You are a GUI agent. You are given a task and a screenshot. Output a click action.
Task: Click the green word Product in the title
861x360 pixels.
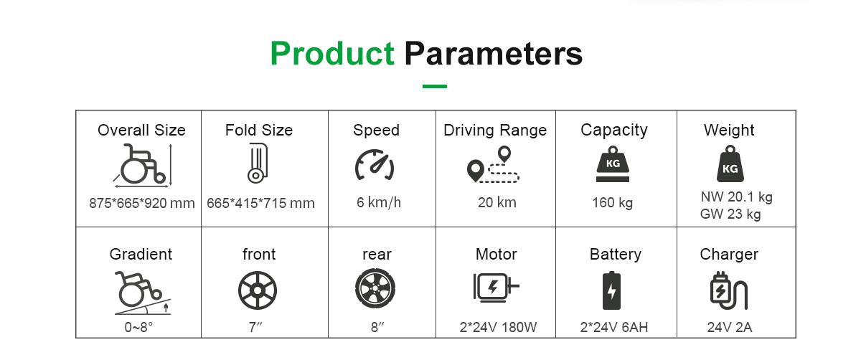332,54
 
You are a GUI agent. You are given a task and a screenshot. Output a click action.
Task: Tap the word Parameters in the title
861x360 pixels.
494,54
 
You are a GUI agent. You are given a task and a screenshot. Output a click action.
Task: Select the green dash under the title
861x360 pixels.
435,87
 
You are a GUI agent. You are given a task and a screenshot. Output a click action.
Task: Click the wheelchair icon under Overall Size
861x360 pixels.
142,164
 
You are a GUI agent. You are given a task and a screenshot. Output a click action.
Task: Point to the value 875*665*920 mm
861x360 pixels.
142,203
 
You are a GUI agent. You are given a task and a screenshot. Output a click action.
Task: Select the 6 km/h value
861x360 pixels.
378,203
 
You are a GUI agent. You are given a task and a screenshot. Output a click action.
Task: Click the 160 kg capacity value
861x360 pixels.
613,203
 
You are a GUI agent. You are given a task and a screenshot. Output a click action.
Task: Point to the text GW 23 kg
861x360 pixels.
730,214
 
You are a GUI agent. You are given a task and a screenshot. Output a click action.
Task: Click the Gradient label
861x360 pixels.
141,255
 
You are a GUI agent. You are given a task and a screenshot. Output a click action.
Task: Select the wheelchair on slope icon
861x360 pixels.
142,293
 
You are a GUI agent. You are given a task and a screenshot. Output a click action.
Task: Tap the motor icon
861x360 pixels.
496,288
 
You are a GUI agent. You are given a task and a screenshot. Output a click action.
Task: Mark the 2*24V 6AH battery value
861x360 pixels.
614,328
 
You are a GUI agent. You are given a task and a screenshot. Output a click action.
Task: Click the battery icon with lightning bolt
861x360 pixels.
611,290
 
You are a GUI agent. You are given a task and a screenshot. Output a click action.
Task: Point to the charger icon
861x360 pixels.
728,290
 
